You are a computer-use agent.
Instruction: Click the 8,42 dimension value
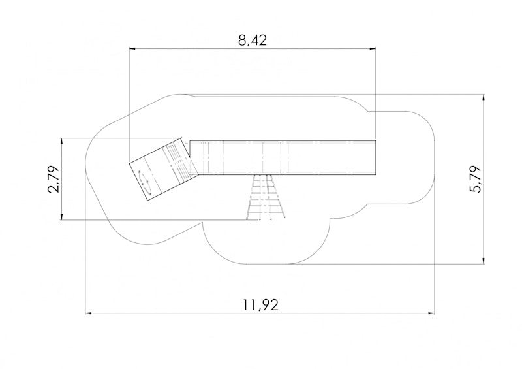[253, 40]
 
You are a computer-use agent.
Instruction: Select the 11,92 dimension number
[260, 305]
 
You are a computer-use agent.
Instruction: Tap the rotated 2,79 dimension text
[54, 179]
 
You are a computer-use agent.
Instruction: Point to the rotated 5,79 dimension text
[476, 179]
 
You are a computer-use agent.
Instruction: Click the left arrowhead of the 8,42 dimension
[132, 49]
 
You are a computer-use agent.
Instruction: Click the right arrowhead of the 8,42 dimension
[372, 49]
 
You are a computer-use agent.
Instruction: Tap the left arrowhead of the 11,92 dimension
[89, 313]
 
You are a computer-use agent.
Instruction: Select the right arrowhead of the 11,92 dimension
[431, 313]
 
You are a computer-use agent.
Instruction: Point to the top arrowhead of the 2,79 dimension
[61, 141]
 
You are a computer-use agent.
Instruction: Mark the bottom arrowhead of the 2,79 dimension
[61, 216]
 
